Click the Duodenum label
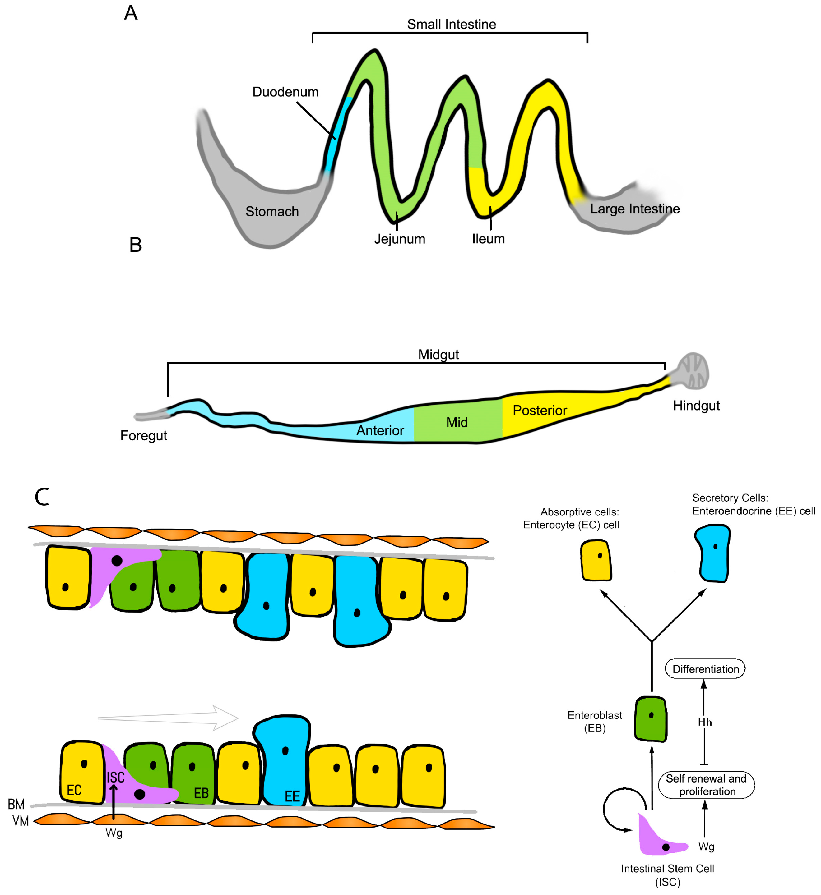coord(285,92)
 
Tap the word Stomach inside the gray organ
coord(272,211)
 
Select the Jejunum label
coord(399,239)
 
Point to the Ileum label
coord(488,239)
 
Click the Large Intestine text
coord(634,209)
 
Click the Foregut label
coord(143,435)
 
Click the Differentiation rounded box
coord(705,669)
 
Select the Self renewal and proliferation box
coord(706,785)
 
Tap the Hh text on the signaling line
coord(705,722)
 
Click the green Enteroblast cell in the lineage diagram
coord(650,719)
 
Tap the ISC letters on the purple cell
coord(115,777)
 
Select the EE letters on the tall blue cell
coord(292,796)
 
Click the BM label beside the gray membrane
coord(16,804)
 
